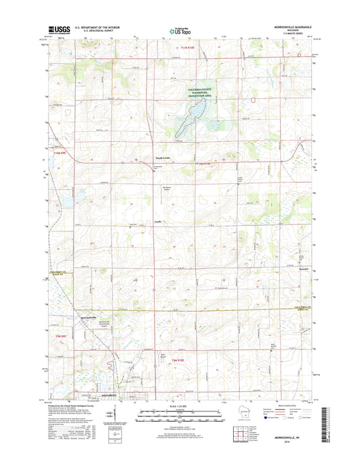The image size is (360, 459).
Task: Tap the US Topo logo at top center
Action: tap(179, 30)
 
